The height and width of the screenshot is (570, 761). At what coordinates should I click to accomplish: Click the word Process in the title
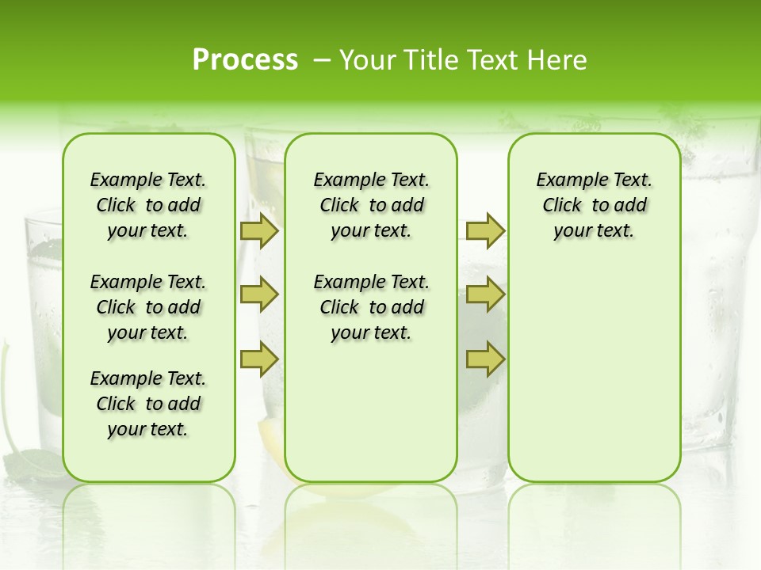click(245, 59)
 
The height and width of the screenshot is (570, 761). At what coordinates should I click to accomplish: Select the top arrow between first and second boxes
click(259, 231)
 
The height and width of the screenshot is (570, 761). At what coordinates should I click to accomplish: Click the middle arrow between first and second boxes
click(259, 295)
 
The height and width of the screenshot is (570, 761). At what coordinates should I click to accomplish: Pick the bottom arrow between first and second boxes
click(259, 359)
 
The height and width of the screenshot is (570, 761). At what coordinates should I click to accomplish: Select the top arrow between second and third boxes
click(485, 231)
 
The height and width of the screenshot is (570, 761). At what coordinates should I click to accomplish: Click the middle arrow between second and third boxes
click(485, 295)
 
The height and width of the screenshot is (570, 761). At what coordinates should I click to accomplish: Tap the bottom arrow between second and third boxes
click(485, 359)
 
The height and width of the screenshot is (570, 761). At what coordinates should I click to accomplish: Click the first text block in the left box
click(148, 205)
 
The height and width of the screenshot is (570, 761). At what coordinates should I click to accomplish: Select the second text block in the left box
click(148, 307)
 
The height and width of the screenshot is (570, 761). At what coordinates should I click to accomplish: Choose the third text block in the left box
click(148, 404)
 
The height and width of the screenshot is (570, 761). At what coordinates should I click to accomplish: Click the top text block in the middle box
click(371, 205)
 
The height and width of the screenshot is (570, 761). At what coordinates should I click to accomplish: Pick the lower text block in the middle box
click(371, 307)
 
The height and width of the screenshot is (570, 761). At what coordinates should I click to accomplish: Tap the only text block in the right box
click(594, 205)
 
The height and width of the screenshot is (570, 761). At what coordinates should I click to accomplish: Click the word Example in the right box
click(566, 180)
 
